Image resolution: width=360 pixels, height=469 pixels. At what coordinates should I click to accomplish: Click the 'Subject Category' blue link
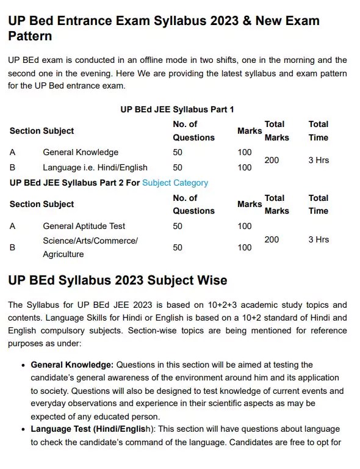pyautogui.click(x=175, y=183)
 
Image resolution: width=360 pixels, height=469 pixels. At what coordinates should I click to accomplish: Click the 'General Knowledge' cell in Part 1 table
pyautogui.click(x=81, y=152)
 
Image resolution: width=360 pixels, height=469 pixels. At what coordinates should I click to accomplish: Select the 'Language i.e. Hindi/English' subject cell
pyautogui.click(x=95, y=167)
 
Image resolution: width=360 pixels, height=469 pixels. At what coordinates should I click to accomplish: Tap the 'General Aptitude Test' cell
pyautogui.click(x=84, y=226)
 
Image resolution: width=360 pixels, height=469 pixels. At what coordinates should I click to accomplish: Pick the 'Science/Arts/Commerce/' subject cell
pyautogui.click(x=90, y=241)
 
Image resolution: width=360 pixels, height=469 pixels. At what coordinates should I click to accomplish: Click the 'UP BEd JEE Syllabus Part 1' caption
pyautogui.click(x=178, y=110)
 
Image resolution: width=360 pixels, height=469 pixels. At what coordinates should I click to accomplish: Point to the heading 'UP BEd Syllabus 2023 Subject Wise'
pyautogui.click(x=118, y=280)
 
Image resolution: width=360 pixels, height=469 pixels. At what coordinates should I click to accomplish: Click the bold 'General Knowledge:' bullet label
pyautogui.click(x=72, y=365)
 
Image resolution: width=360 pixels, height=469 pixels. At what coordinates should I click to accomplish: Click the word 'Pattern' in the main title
pyautogui.click(x=30, y=37)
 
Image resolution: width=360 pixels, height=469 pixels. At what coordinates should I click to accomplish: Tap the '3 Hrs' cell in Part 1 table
pyautogui.click(x=319, y=160)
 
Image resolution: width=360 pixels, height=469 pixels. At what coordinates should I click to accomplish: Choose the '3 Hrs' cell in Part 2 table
pyautogui.click(x=319, y=240)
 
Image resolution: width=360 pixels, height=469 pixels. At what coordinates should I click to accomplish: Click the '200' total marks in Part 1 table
pyautogui.click(x=272, y=160)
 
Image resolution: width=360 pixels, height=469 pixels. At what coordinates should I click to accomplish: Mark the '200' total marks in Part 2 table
pyautogui.click(x=272, y=240)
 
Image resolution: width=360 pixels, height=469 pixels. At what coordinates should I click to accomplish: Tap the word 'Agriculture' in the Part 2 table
pyautogui.click(x=63, y=254)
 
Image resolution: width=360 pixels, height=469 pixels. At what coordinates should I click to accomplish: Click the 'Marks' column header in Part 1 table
pyautogui.click(x=249, y=131)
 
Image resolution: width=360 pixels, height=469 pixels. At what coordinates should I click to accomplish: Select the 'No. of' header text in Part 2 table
pyautogui.click(x=185, y=198)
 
